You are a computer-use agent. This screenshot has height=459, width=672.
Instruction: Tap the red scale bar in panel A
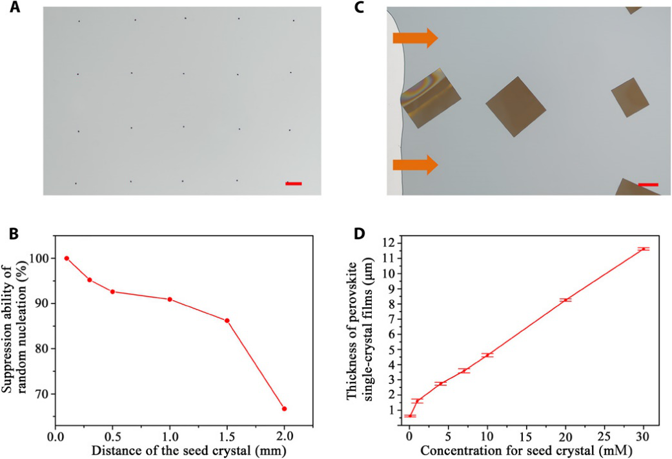(x=294, y=184)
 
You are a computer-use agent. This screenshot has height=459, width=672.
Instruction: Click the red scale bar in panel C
(x=648, y=185)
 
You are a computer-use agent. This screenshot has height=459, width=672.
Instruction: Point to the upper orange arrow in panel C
(x=415, y=39)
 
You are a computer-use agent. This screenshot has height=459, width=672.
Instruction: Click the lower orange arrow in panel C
(x=415, y=164)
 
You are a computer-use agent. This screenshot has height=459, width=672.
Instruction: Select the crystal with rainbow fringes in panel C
(x=430, y=98)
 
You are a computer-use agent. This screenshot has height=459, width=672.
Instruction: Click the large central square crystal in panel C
(x=516, y=106)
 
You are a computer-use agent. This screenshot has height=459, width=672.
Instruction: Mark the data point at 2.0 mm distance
(x=284, y=409)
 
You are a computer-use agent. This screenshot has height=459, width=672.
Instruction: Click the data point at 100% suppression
(x=66, y=258)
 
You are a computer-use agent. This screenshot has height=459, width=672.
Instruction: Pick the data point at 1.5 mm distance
(x=227, y=321)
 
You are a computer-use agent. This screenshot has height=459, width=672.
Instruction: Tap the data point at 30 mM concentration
(x=643, y=249)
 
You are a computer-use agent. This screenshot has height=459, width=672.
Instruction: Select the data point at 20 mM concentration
(x=565, y=300)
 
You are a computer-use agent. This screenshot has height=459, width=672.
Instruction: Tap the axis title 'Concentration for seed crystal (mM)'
(x=526, y=448)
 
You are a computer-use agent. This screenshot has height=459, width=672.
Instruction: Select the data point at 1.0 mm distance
(x=170, y=299)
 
